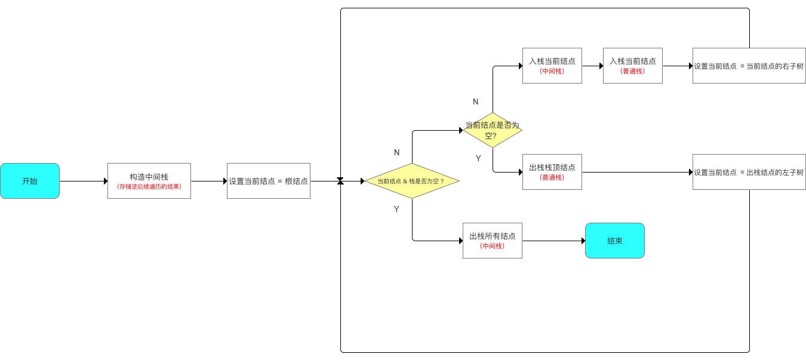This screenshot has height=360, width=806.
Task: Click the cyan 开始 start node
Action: (x=30, y=181)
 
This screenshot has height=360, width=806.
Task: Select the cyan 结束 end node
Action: (x=614, y=241)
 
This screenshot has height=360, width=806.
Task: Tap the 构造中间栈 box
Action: (x=149, y=177)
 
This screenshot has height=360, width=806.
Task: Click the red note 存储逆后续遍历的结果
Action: (x=149, y=187)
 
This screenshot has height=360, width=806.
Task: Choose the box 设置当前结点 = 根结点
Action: (x=268, y=181)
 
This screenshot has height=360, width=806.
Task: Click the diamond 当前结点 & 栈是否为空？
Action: (x=412, y=181)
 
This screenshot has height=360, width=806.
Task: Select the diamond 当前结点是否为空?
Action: (x=493, y=130)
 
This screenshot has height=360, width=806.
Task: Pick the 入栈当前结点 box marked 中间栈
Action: (x=552, y=66)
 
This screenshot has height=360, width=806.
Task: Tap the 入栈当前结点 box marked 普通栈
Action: (x=632, y=66)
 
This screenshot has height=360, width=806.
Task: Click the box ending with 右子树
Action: (x=749, y=66)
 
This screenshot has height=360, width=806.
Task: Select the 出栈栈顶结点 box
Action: (x=552, y=172)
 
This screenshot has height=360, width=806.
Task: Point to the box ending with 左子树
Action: (x=749, y=172)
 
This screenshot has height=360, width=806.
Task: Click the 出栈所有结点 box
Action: (x=492, y=241)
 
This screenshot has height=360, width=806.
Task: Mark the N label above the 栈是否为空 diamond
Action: (x=396, y=153)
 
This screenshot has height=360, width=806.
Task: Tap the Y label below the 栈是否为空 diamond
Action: (x=396, y=209)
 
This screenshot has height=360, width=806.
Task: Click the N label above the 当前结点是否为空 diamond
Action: (x=475, y=102)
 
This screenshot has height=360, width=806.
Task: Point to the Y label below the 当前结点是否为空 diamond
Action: (x=478, y=158)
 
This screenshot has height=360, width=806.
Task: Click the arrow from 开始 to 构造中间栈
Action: (x=84, y=181)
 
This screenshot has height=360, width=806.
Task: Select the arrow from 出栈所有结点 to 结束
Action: (x=553, y=241)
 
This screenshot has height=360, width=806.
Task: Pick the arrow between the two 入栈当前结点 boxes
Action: (x=592, y=66)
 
